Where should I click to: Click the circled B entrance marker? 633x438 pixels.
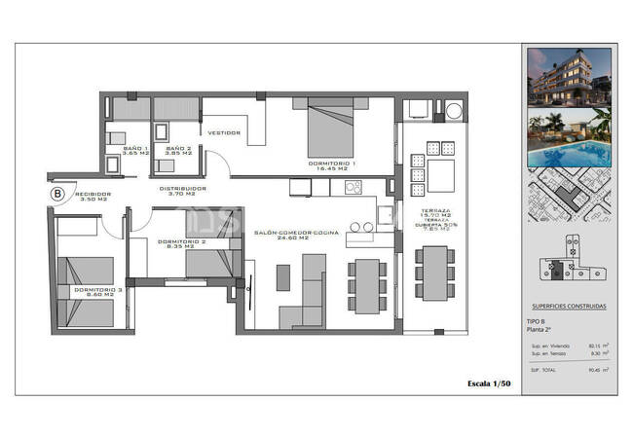pyautogui.click(x=57, y=194)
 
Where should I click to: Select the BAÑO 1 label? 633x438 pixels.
pyautogui.click(x=135, y=150)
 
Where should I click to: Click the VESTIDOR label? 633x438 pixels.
pyautogui.click(x=223, y=132)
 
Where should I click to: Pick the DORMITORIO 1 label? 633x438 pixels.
pyautogui.click(x=332, y=164)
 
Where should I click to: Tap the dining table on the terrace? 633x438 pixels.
pyautogui.click(x=434, y=271)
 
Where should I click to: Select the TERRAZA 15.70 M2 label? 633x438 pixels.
pyautogui.click(x=435, y=215)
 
